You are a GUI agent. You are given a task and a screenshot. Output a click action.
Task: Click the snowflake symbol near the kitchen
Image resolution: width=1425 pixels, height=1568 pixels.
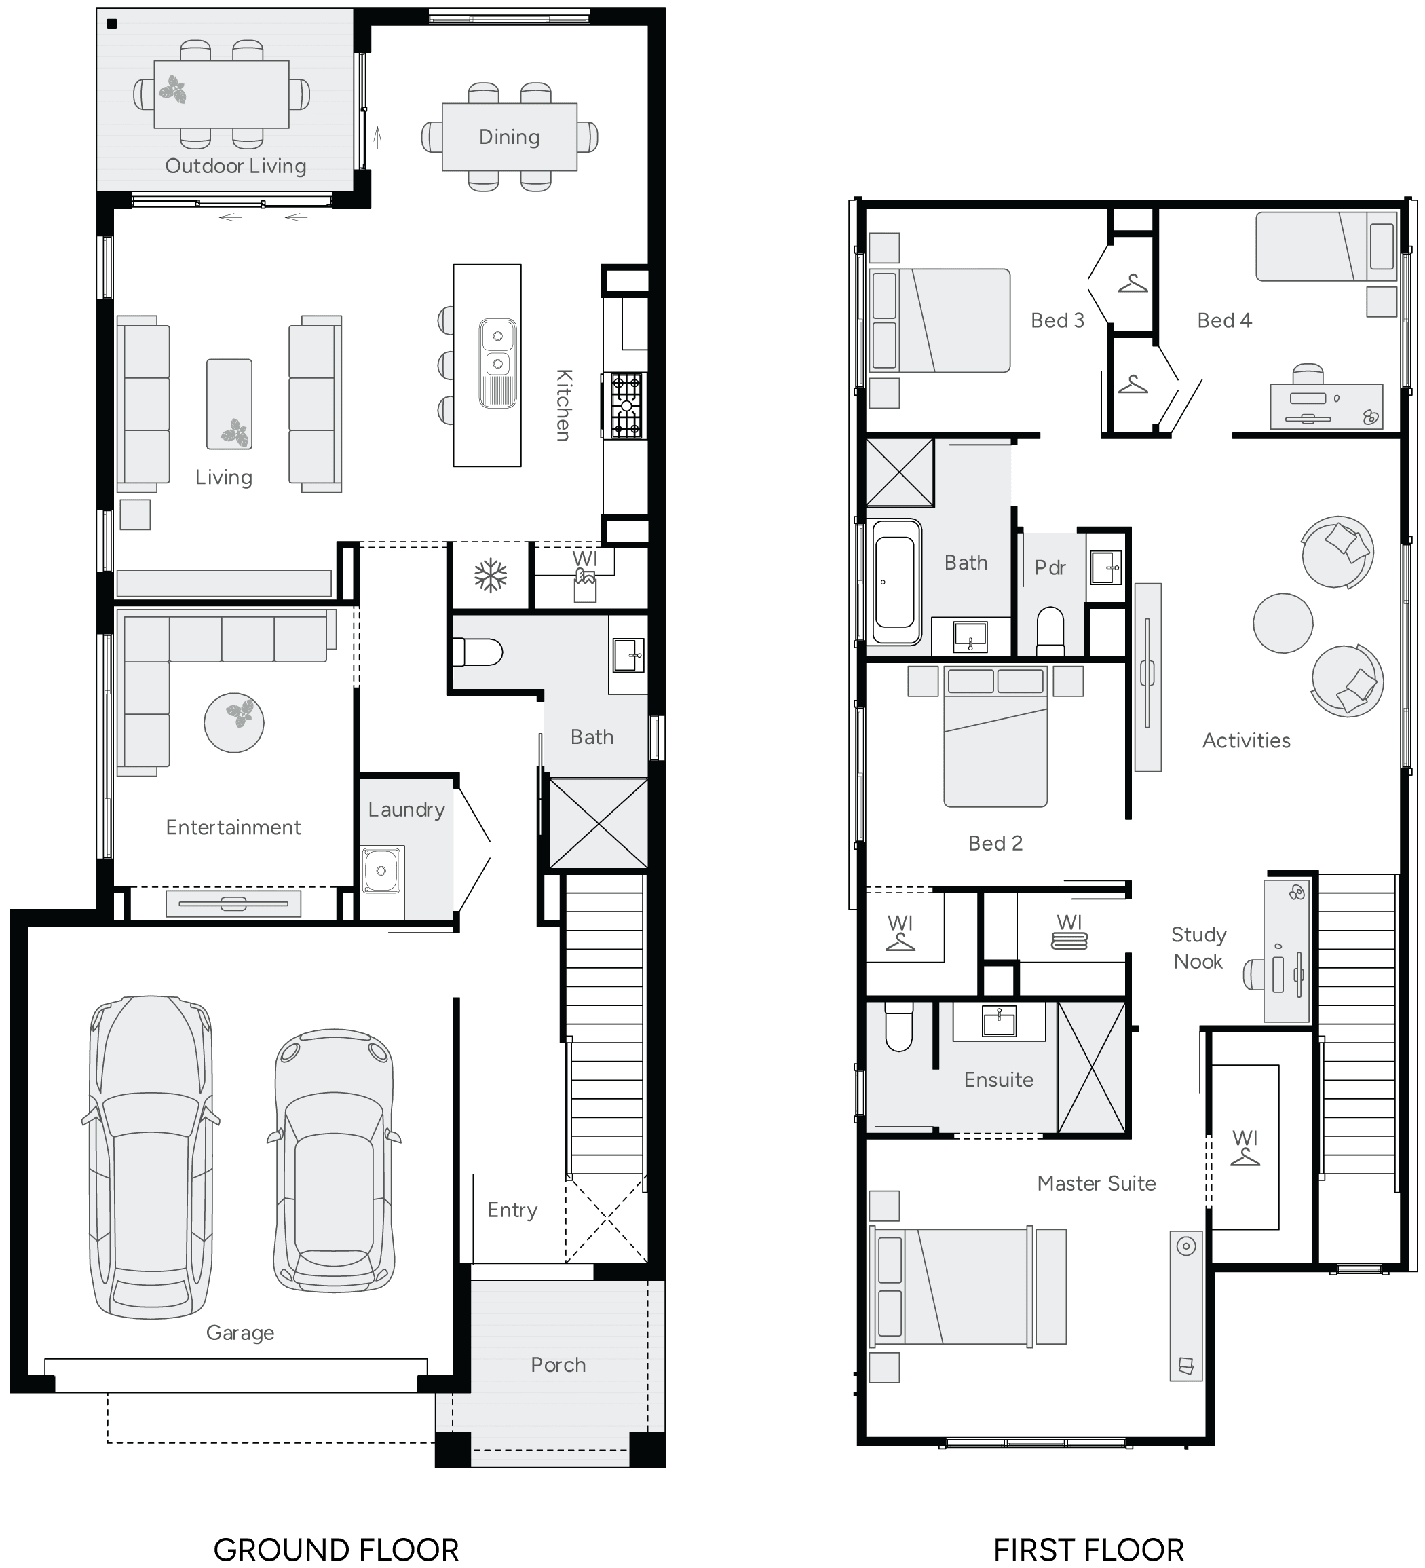pos(491,576)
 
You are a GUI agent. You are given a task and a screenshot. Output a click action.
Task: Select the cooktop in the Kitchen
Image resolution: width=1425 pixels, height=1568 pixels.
pos(626,405)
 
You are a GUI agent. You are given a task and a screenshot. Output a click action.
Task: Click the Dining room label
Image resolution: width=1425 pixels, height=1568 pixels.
pos(509,137)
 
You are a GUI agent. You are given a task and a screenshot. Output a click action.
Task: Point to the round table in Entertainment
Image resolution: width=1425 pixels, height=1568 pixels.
pos(234,722)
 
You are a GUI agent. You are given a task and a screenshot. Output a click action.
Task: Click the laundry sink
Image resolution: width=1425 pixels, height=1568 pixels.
pos(381,870)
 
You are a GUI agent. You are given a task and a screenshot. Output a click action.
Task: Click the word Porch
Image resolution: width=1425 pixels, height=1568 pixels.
pos(558,1364)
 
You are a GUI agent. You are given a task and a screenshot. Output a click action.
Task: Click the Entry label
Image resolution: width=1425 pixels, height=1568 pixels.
pos(512,1210)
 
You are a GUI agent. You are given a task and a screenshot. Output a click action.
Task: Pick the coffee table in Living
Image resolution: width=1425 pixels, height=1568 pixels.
pos(229,404)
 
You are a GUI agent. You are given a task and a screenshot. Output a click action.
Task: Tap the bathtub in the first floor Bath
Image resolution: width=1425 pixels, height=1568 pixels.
pos(896,581)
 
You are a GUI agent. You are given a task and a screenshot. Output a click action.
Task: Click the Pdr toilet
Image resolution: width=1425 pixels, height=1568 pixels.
pos(1050,630)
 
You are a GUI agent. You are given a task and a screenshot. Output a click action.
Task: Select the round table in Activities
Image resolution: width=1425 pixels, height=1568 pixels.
pos(1282,622)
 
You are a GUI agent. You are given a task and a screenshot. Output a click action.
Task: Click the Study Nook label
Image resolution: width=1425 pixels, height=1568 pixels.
pos(1198,948)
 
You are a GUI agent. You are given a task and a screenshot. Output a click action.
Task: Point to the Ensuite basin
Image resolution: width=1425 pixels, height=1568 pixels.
pos(999,1020)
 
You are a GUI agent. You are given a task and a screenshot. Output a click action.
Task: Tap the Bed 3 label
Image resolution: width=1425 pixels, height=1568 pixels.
pos(1057,320)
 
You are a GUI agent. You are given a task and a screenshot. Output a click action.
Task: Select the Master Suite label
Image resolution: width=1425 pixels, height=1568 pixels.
pos(1096,1183)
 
